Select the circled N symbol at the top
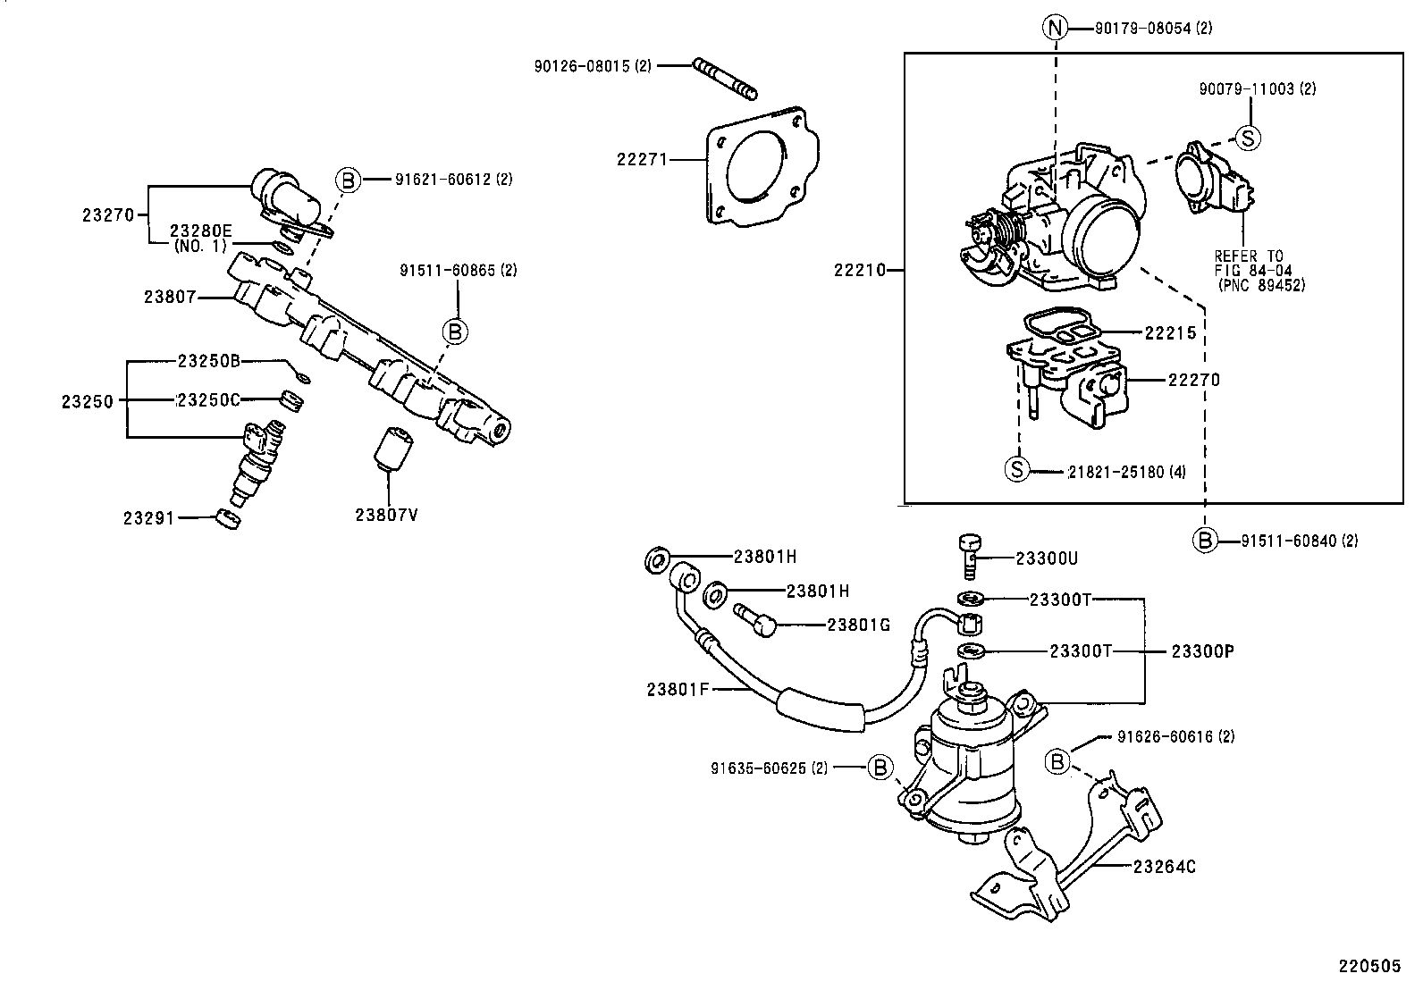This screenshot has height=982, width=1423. pos(1055,29)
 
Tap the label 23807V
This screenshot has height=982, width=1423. pos(386,515)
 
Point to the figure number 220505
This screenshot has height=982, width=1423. pos(1368,966)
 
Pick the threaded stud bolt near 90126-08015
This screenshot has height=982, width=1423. pos(725,78)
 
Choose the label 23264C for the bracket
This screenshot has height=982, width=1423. pos(1165,866)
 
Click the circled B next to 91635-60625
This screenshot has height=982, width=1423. pos(880,767)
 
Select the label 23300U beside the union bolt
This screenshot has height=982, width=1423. pos(1047,558)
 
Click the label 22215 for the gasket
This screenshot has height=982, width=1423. pos(1170,332)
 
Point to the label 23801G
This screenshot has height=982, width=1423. pos(858,625)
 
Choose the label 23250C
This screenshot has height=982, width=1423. pos(208,399)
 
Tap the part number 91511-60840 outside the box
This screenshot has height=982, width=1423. pos(1299,541)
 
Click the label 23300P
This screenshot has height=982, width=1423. pos(1202,651)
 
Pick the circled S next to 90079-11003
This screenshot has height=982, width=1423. pos(1247,138)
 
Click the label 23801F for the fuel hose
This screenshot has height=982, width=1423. pos(678,689)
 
